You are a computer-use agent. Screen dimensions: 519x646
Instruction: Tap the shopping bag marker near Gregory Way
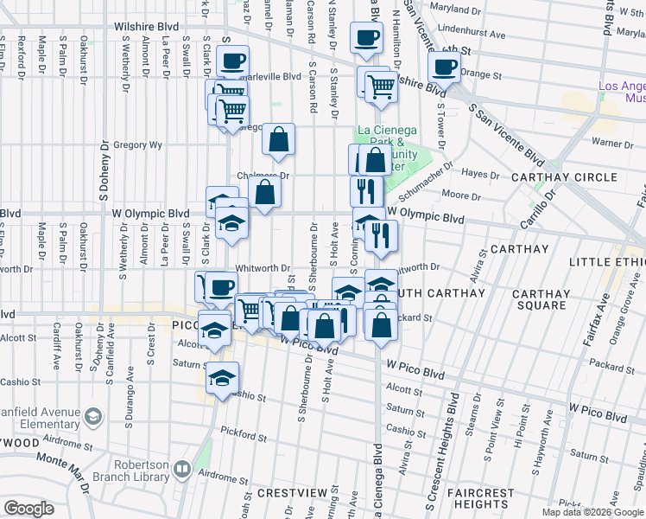(278, 138)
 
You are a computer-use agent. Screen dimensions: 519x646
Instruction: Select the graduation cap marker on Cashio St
(223, 376)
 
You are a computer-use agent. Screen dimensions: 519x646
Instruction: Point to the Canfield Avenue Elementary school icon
(92, 419)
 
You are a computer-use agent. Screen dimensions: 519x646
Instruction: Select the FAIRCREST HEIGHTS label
(479, 498)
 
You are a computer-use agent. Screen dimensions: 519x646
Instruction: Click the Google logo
(29, 509)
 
